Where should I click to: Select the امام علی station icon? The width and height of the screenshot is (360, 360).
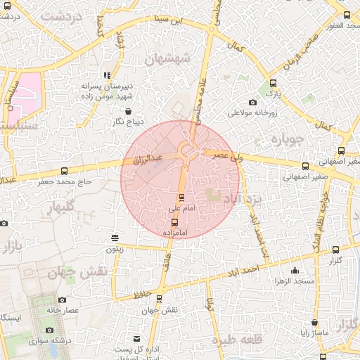[182, 198]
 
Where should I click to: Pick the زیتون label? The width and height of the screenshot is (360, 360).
[115, 248]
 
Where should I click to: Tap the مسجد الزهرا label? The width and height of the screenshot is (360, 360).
[295, 281]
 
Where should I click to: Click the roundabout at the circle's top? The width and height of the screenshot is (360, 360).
[187, 150]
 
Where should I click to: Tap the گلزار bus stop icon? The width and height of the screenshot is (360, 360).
[335, 250]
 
